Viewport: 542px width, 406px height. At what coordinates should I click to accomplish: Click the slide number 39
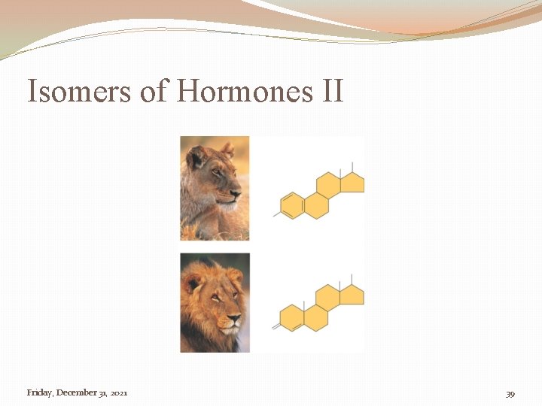pyautogui.click(x=510, y=393)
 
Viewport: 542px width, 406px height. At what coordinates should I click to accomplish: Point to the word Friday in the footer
pyautogui.click(x=38, y=392)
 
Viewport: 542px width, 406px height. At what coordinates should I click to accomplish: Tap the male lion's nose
pyautogui.click(x=233, y=320)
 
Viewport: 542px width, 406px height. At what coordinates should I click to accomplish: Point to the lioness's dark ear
pyautogui.click(x=196, y=156)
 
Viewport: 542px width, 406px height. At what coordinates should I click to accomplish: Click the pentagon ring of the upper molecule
pyautogui.click(x=353, y=183)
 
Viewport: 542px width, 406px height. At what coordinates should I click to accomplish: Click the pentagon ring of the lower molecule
pyautogui.click(x=352, y=295)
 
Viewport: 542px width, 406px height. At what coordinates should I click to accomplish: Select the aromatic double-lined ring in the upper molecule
pyautogui.click(x=291, y=205)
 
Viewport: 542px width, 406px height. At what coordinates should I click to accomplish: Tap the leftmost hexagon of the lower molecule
pyautogui.click(x=291, y=317)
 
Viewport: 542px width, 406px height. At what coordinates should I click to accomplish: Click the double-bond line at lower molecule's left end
pyautogui.click(x=276, y=326)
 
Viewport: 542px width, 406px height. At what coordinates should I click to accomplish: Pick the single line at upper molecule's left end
pyautogui.click(x=276, y=214)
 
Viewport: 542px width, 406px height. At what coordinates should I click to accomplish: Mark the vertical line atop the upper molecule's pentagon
pyautogui.click(x=353, y=167)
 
